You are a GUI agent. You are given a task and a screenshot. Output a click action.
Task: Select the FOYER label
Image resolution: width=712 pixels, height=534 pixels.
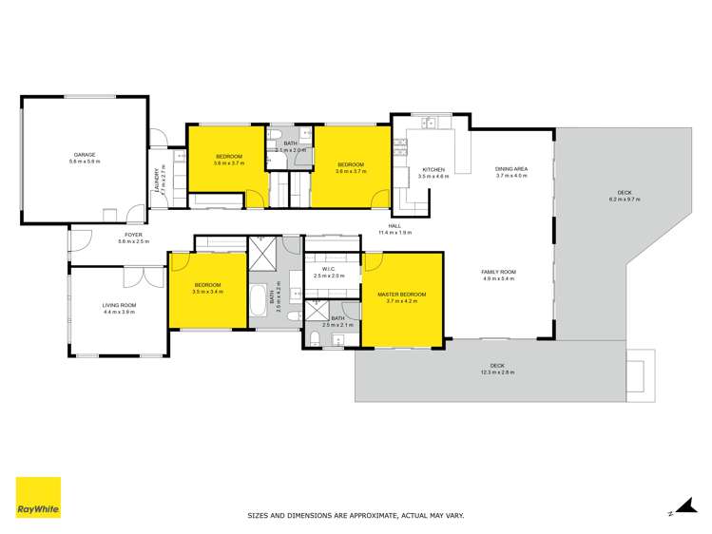[x=132, y=235]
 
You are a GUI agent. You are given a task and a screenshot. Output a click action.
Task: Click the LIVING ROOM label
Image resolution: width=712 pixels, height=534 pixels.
[x=120, y=305]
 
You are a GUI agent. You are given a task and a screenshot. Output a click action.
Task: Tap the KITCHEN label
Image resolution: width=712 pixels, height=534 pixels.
[x=433, y=170]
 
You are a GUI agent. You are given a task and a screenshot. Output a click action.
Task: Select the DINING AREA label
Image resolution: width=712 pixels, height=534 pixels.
[x=510, y=170]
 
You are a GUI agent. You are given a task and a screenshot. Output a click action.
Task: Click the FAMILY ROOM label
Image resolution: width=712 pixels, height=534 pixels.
[x=498, y=272]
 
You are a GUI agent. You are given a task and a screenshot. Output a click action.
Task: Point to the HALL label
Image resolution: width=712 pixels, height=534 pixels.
[x=394, y=226]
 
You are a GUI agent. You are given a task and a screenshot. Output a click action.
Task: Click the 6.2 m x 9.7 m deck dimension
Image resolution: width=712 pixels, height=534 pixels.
[x=625, y=200]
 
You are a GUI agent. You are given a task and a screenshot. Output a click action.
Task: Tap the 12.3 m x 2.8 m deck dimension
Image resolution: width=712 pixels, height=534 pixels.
[x=496, y=372]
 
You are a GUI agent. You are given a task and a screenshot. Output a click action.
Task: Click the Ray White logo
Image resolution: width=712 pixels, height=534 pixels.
[x=38, y=497]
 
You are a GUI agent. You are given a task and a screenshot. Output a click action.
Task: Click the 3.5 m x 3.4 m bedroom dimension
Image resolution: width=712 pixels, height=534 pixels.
[x=207, y=293]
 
